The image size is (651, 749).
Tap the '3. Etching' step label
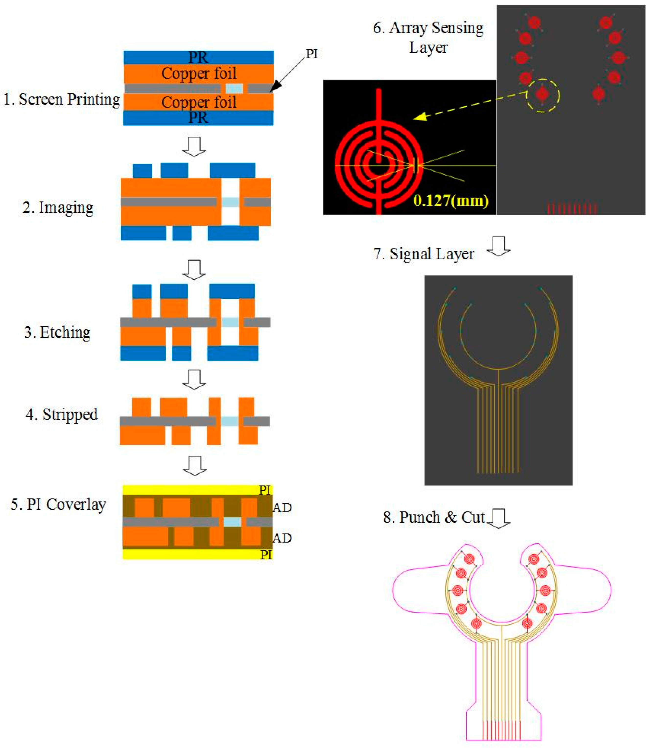tap(57, 332)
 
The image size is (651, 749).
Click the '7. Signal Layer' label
tap(424, 254)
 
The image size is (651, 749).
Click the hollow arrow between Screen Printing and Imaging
tap(194, 146)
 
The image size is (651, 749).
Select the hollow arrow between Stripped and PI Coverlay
tap(195, 465)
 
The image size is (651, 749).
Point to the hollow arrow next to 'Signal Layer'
tap(498, 247)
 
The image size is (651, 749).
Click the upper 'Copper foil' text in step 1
tap(199, 74)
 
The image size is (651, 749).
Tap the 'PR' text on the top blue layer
tap(198, 57)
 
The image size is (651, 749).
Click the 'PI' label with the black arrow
tap(312, 54)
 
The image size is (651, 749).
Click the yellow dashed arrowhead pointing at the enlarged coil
tap(420, 117)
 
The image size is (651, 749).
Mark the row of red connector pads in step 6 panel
tap(572, 209)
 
